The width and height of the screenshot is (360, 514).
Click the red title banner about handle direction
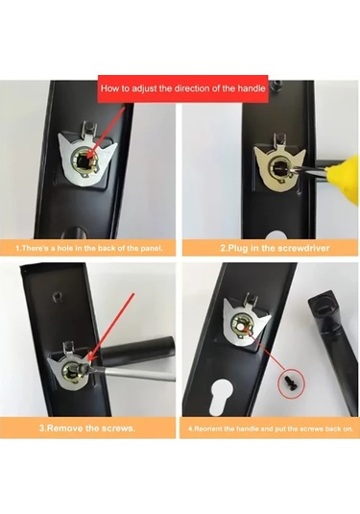[183, 88]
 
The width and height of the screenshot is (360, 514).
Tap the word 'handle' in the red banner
[252, 88]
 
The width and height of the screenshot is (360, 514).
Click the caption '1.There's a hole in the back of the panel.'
[88, 248]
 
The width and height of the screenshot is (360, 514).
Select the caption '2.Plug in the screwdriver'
[275, 248]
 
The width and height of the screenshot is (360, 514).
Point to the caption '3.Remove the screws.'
[87, 428]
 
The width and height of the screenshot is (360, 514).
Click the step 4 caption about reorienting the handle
[271, 428]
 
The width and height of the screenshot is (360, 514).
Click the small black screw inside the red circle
[290, 380]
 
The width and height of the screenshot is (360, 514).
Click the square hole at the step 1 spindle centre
[84, 159]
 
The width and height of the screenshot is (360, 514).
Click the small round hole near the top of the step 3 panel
[57, 297]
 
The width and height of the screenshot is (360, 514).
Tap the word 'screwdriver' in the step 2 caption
[302, 248]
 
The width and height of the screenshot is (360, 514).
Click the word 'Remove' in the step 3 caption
[64, 428]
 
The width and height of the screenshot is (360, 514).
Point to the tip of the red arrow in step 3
[88, 361]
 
